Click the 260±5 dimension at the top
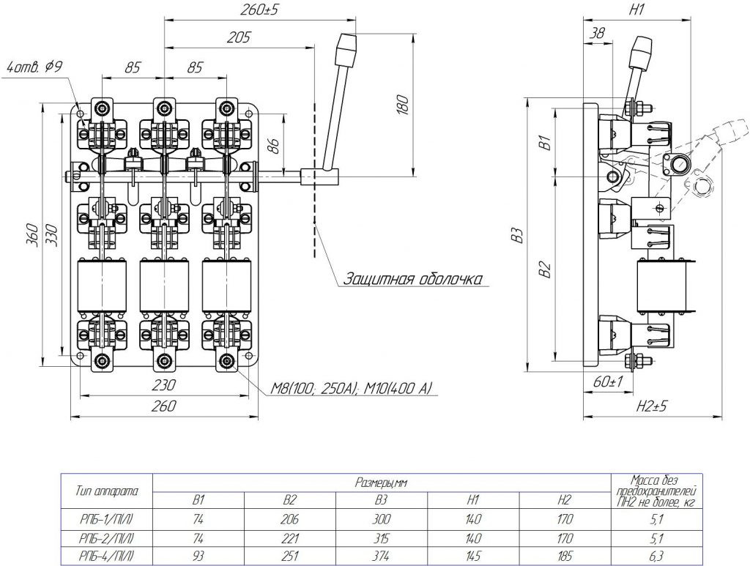259,10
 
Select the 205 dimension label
238,38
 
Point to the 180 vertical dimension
404,105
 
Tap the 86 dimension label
273,144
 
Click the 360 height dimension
32,234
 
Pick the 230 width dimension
163,385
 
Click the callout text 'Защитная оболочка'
413,279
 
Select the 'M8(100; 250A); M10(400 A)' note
351,388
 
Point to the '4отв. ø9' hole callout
35,67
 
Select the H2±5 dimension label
651,407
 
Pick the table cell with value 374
381,556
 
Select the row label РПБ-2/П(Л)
107,538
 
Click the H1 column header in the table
472,500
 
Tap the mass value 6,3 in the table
657,556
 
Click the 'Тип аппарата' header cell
107,491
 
